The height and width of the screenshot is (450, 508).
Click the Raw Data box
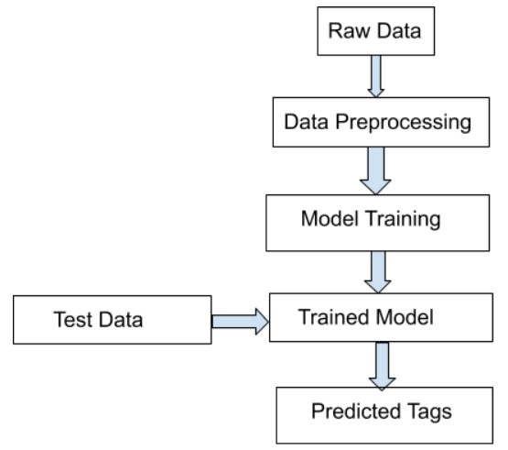(375, 34)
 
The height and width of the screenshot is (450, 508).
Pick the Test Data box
(113, 320)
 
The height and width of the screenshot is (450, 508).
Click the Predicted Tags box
(386, 413)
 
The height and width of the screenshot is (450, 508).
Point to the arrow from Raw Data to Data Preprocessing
(375, 79)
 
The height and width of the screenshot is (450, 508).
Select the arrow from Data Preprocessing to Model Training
(375, 170)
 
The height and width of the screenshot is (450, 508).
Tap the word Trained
(330, 317)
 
